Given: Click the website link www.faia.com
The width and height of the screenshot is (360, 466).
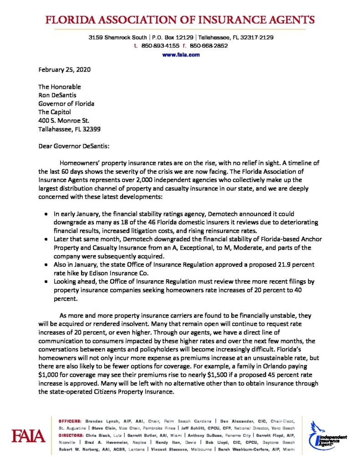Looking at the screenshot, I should click(181, 55).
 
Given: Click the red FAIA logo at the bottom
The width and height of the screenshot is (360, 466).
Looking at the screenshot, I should click(29, 436).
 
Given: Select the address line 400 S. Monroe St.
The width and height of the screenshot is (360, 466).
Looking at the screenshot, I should click(64, 121).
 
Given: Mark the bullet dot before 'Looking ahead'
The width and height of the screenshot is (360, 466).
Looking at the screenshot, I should click(49, 283).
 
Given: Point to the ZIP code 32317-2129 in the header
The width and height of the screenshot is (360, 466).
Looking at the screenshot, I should click(256, 37).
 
